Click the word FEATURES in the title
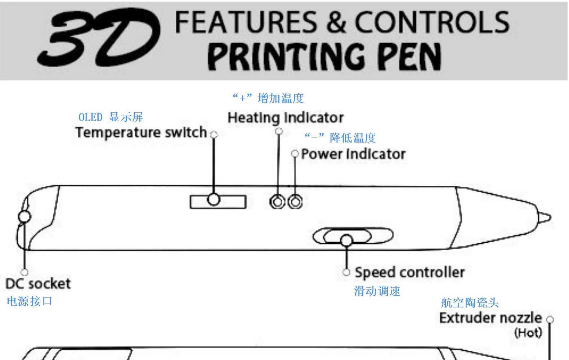pyautogui.click(x=245, y=22)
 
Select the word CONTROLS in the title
pyautogui.click(x=432, y=22)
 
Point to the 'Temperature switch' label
pyautogui.click(x=141, y=132)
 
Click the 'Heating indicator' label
pyautogui.click(x=286, y=118)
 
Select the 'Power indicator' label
pyautogui.click(x=353, y=154)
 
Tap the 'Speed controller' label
pyautogui.click(x=409, y=272)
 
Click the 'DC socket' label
pyautogui.click(x=38, y=284)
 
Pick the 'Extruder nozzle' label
pyautogui.click(x=490, y=318)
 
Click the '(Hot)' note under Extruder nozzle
pyautogui.click(x=528, y=332)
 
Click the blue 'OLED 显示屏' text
pyautogui.click(x=111, y=117)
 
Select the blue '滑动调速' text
pyautogui.click(x=377, y=291)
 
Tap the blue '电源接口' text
pyautogui.click(x=30, y=301)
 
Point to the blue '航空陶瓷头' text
pyautogui.click(x=470, y=302)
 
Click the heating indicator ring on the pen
pyautogui.click(x=277, y=202)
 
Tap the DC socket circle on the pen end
pyautogui.click(x=24, y=217)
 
